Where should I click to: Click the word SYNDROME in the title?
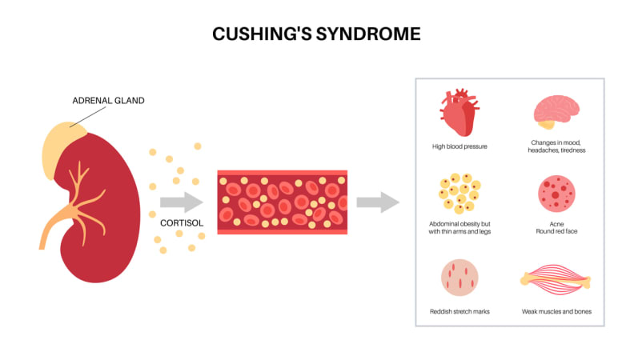coord(368,34)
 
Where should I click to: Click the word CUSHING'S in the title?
coord(262,34)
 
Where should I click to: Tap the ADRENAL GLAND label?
coord(109,101)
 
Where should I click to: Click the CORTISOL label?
coord(182,223)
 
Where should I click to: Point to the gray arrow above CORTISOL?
coord(182,202)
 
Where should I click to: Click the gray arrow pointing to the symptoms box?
coord(378,202)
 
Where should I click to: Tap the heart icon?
coord(459,113)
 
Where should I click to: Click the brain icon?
coord(556,112)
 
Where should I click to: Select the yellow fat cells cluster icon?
coord(459,193)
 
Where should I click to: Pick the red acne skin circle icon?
coord(556,194)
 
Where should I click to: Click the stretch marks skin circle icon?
coord(459,278)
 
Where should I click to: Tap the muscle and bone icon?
coord(556,280)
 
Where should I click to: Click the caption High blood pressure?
coord(459,146)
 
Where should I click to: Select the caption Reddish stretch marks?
coord(459,312)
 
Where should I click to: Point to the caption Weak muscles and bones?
coord(556,312)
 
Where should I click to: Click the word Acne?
coord(557,224)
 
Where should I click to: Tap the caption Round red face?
coord(557,231)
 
